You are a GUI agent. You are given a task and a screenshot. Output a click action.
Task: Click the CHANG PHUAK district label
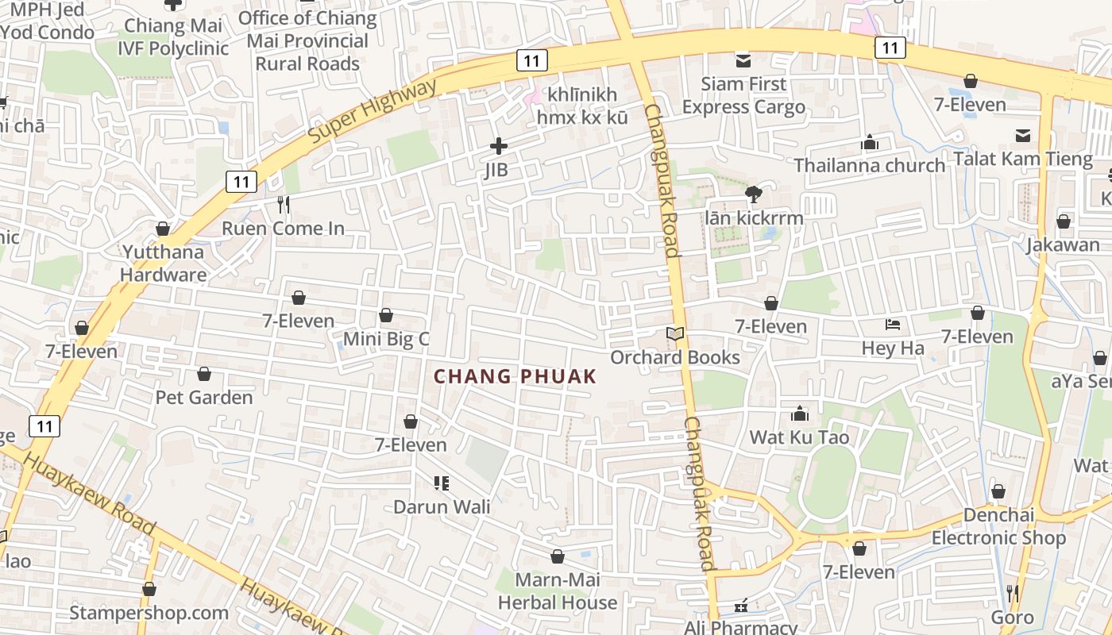(x=515, y=377)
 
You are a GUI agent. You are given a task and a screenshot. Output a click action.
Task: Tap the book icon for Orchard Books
(x=675, y=335)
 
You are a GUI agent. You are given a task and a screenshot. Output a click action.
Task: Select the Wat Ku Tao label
(x=799, y=437)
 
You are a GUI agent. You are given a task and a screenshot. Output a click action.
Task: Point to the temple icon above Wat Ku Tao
(x=799, y=414)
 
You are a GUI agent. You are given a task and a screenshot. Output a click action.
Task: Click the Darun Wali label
(x=442, y=506)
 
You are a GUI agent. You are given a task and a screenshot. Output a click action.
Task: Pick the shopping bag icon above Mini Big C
(x=386, y=316)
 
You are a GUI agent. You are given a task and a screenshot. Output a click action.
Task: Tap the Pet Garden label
(x=204, y=397)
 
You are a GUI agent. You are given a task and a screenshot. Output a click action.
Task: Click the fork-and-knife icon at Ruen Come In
(x=284, y=206)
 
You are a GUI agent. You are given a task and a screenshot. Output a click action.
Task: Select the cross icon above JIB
(x=498, y=146)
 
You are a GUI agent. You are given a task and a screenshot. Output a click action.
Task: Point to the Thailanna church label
(x=870, y=165)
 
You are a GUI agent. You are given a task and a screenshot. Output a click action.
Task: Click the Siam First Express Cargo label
(x=743, y=95)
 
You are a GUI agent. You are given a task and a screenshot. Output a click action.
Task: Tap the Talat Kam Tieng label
(x=1023, y=159)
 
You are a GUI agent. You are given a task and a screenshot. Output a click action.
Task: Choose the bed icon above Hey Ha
(x=893, y=325)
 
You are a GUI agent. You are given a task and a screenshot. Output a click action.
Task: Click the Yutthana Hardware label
(x=163, y=264)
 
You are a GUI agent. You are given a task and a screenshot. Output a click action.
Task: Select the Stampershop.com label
(x=149, y=613)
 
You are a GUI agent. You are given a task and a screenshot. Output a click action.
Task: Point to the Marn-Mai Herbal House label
(x=557, y=591)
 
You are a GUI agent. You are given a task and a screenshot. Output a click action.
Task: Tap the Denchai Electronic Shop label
(x=998, y=526)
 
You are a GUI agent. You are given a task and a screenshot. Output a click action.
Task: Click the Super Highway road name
(x=372, y=112)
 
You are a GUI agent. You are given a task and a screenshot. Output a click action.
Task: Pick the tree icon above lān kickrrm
(x=753, y=194)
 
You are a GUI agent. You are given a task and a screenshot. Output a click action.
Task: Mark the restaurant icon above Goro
(x=1012, y=593)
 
